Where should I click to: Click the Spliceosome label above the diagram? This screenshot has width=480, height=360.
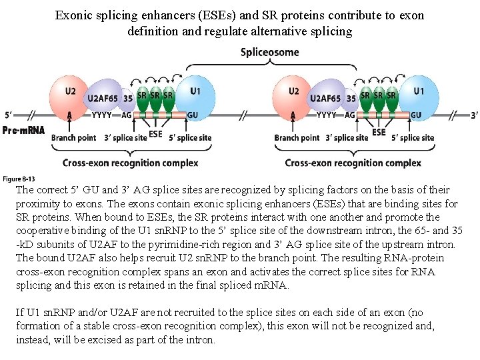point(269,52)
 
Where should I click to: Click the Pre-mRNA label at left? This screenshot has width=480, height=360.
point(23,130)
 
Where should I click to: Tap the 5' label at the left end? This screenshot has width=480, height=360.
point(8,115)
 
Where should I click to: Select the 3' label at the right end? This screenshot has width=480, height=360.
point(474,115)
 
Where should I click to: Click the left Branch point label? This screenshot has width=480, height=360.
point(72,138)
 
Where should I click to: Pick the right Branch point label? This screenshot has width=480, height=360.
point(295,138)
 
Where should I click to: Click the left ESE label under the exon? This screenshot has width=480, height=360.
point(155,133)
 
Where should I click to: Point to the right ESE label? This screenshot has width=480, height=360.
point(379,133)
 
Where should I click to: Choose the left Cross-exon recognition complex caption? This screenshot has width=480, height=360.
point(131,163)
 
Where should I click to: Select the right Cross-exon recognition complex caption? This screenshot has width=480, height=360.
point(353,163)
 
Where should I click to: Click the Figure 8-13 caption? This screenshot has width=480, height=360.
point(19,179)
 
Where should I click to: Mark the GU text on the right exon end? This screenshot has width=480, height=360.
point(416,115)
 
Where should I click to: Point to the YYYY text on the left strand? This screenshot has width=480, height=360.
point(101,115)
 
